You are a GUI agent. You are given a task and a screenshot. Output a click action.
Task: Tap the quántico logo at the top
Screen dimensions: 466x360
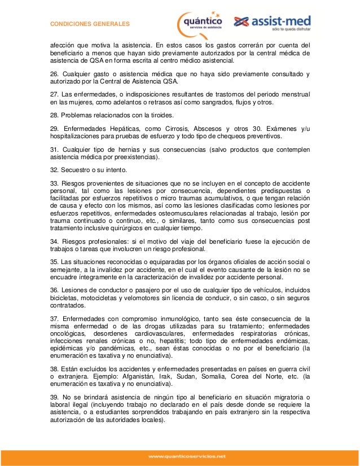tap(200, 23)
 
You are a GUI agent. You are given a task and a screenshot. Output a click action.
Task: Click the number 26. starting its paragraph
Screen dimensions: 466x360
tap(55, 74)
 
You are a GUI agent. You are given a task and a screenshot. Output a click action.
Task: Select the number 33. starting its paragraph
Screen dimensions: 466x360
tap(55, 184)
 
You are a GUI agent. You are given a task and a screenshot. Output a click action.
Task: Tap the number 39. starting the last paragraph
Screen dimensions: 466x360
tap(55, 397)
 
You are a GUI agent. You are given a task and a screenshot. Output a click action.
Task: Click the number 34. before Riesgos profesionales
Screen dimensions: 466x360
tap(55, 242)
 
